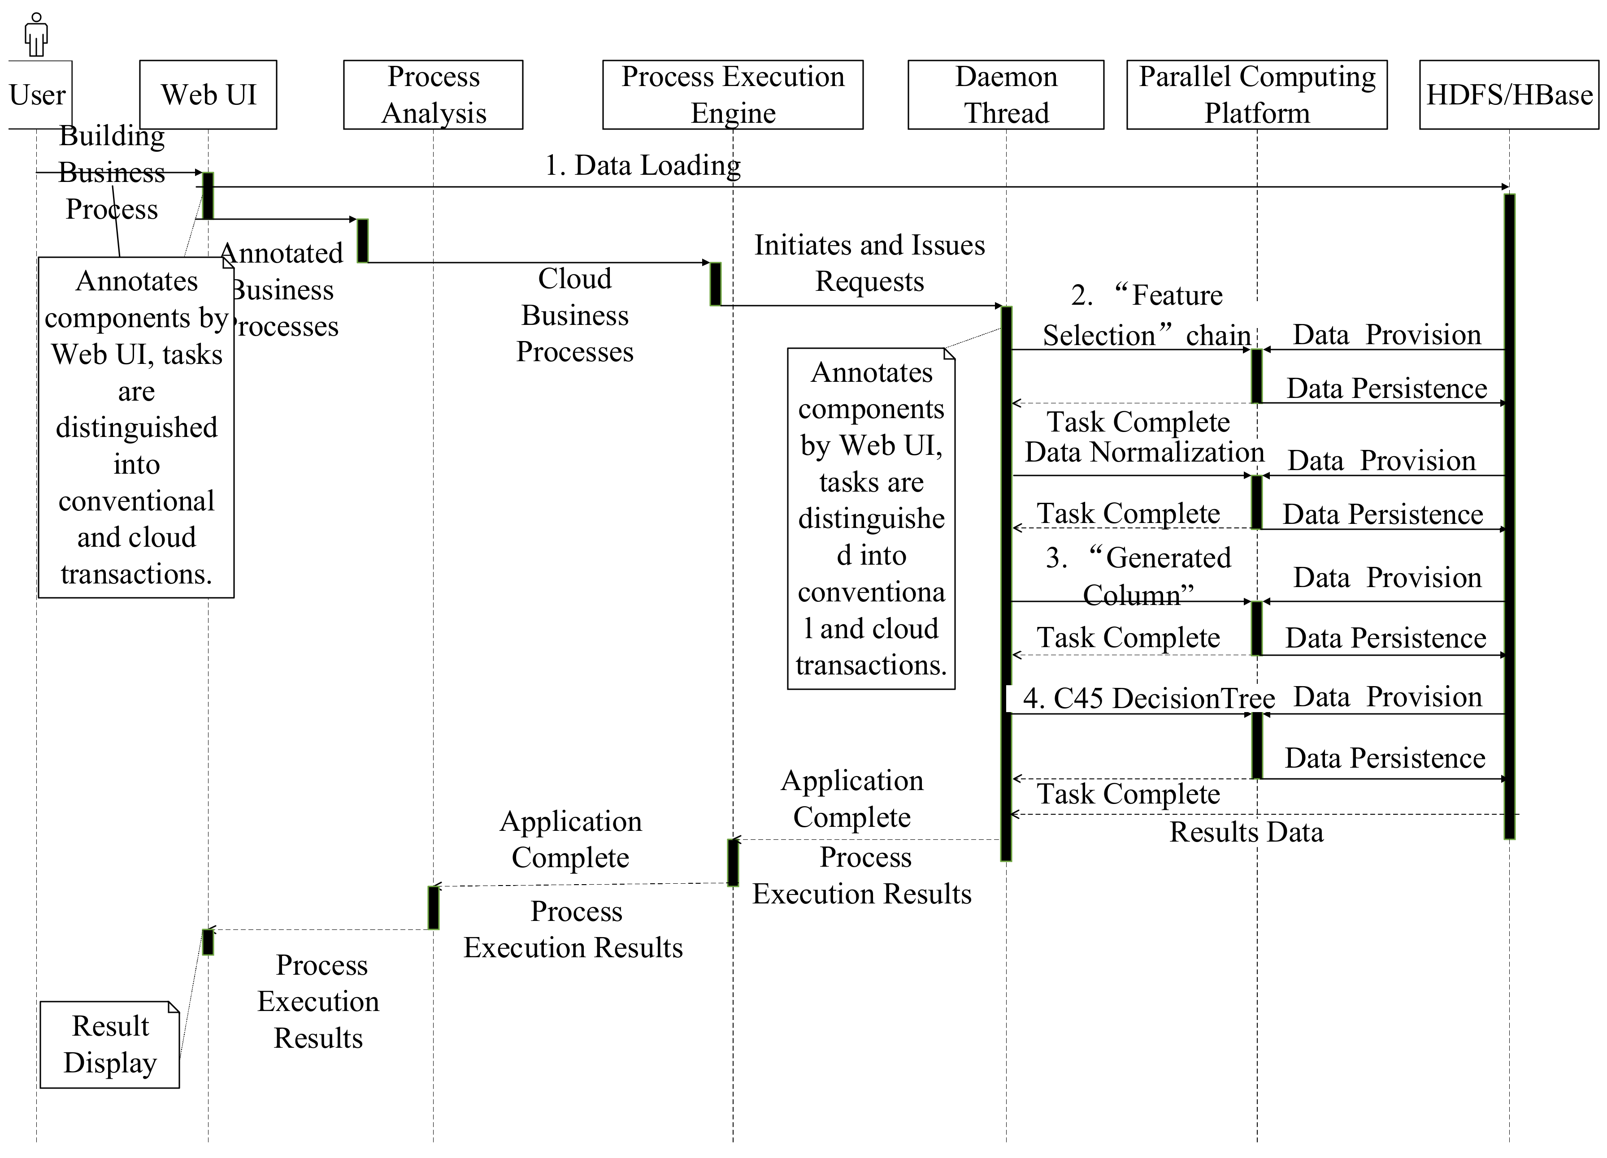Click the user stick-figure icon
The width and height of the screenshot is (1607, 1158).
click(36, 34)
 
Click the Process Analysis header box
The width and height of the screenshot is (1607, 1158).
click(433, 94)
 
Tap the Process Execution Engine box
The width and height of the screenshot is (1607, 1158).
click(733, 94)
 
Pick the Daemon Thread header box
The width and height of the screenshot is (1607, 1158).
click(1005, 94)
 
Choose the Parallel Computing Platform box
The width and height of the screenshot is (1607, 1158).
click(1256, 94)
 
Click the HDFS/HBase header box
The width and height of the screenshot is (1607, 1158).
click(1508, 94)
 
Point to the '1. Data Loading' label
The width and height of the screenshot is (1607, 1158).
click(642, 165)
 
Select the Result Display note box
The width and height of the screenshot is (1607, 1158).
click(110, 1044)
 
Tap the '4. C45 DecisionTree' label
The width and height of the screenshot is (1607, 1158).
click(1148, 698)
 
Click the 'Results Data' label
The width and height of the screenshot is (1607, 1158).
click(1246, 831)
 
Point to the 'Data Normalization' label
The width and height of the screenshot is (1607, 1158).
click(1144, 452)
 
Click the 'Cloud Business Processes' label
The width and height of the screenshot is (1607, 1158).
click(575, 315)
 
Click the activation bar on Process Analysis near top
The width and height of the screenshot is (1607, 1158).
click(362, 241)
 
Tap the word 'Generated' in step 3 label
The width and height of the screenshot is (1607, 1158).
click(1168, 558)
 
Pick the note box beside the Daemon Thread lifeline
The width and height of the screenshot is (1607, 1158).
click(871, 519)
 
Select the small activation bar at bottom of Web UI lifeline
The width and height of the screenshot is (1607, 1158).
click(208, 942)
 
